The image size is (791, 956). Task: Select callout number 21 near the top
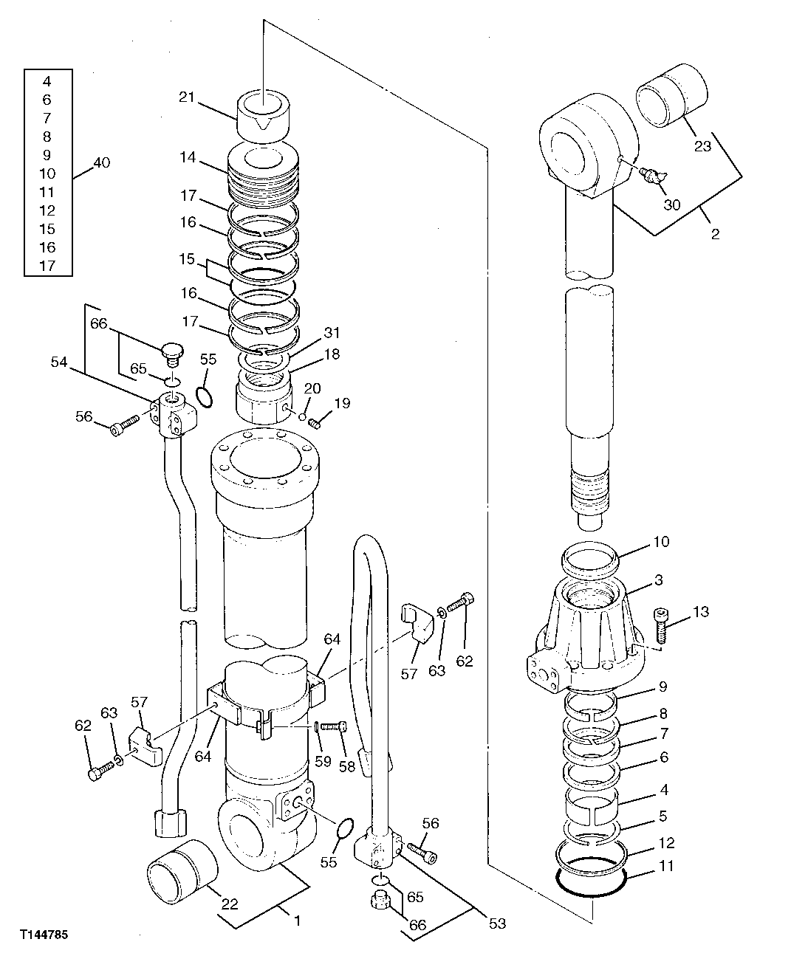point(185,96)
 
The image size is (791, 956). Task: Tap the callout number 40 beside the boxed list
point(102,162)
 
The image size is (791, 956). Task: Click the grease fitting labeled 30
point(652,175)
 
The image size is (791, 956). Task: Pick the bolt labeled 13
point(662,625)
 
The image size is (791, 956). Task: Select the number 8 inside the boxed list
point(47,137)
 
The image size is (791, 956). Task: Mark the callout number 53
point(498,923)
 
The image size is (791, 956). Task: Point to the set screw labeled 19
point(315,423)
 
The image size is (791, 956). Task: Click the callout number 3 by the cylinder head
point(658,580)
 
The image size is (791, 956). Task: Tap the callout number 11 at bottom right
point(666,867)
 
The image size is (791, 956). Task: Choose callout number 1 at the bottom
point(296,921)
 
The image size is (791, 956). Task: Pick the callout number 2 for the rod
point(714,235)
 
